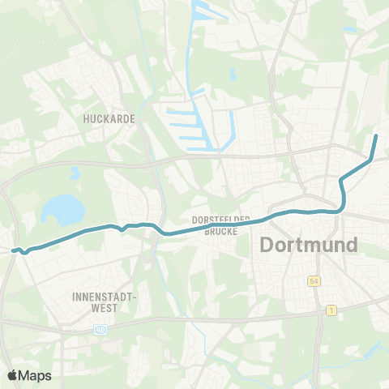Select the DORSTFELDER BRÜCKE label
(218, 225)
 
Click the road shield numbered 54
(313, 281)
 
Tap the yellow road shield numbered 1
(331, 310)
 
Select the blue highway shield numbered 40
(99, 330)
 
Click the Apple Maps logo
(29, 375)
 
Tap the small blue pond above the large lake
(75, 173)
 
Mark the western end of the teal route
(13, 250)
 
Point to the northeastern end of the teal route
(376, 135)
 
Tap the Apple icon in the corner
(12, 375)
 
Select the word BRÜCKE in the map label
(219, 231)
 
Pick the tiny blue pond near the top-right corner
(349, 30)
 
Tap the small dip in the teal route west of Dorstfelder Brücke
(122, 229)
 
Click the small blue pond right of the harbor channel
(232, 75)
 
